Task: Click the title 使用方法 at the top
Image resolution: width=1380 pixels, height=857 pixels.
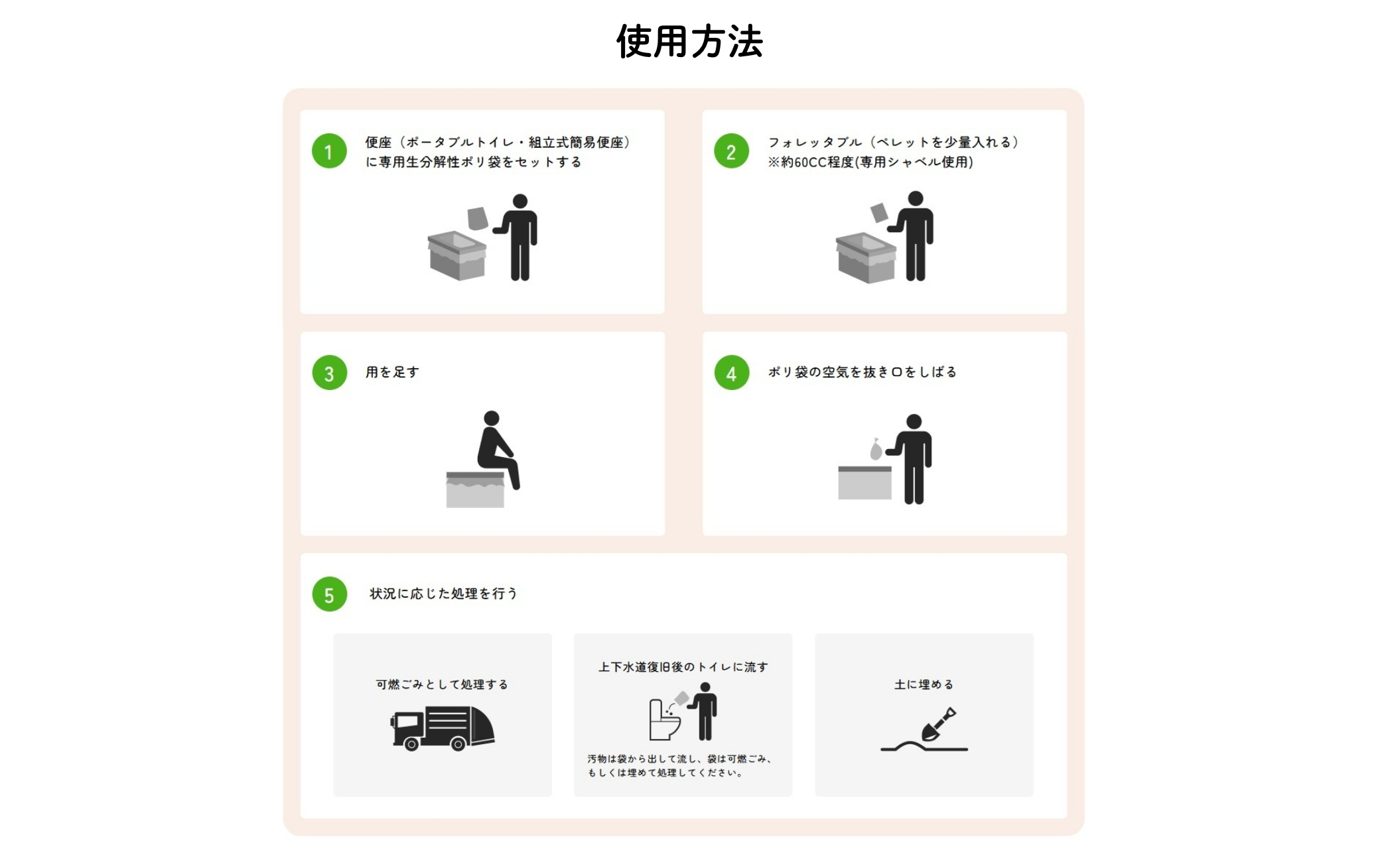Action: point(689,41)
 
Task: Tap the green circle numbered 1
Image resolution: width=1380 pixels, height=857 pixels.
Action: point(329,151)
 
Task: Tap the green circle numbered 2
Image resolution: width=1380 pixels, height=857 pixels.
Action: point(731,151)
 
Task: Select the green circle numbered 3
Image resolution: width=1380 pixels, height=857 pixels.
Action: point(329,373)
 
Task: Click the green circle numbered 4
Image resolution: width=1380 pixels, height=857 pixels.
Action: point(731,373)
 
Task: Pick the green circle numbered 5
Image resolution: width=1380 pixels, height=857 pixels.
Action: point(329,594)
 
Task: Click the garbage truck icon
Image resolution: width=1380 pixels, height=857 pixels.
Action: point(443,728)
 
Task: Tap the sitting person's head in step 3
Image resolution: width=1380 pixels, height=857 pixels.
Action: point(492,418)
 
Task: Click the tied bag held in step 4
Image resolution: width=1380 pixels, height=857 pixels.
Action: point(876,450)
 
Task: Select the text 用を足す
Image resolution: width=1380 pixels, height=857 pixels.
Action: point(392,372)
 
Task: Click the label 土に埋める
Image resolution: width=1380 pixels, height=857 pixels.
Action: point(924,684)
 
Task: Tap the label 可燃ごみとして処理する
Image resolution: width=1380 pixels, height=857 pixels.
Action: point(442,684)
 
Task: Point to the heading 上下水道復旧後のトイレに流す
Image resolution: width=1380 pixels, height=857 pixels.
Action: point(683,667)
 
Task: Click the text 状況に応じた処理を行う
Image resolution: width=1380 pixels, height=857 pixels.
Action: point(443,594)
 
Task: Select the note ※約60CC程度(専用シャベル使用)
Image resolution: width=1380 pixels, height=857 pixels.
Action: point(870,163)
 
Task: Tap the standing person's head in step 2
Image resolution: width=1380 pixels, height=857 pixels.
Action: point(916,198)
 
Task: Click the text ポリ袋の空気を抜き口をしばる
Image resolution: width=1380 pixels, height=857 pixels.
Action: point(862,372)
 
